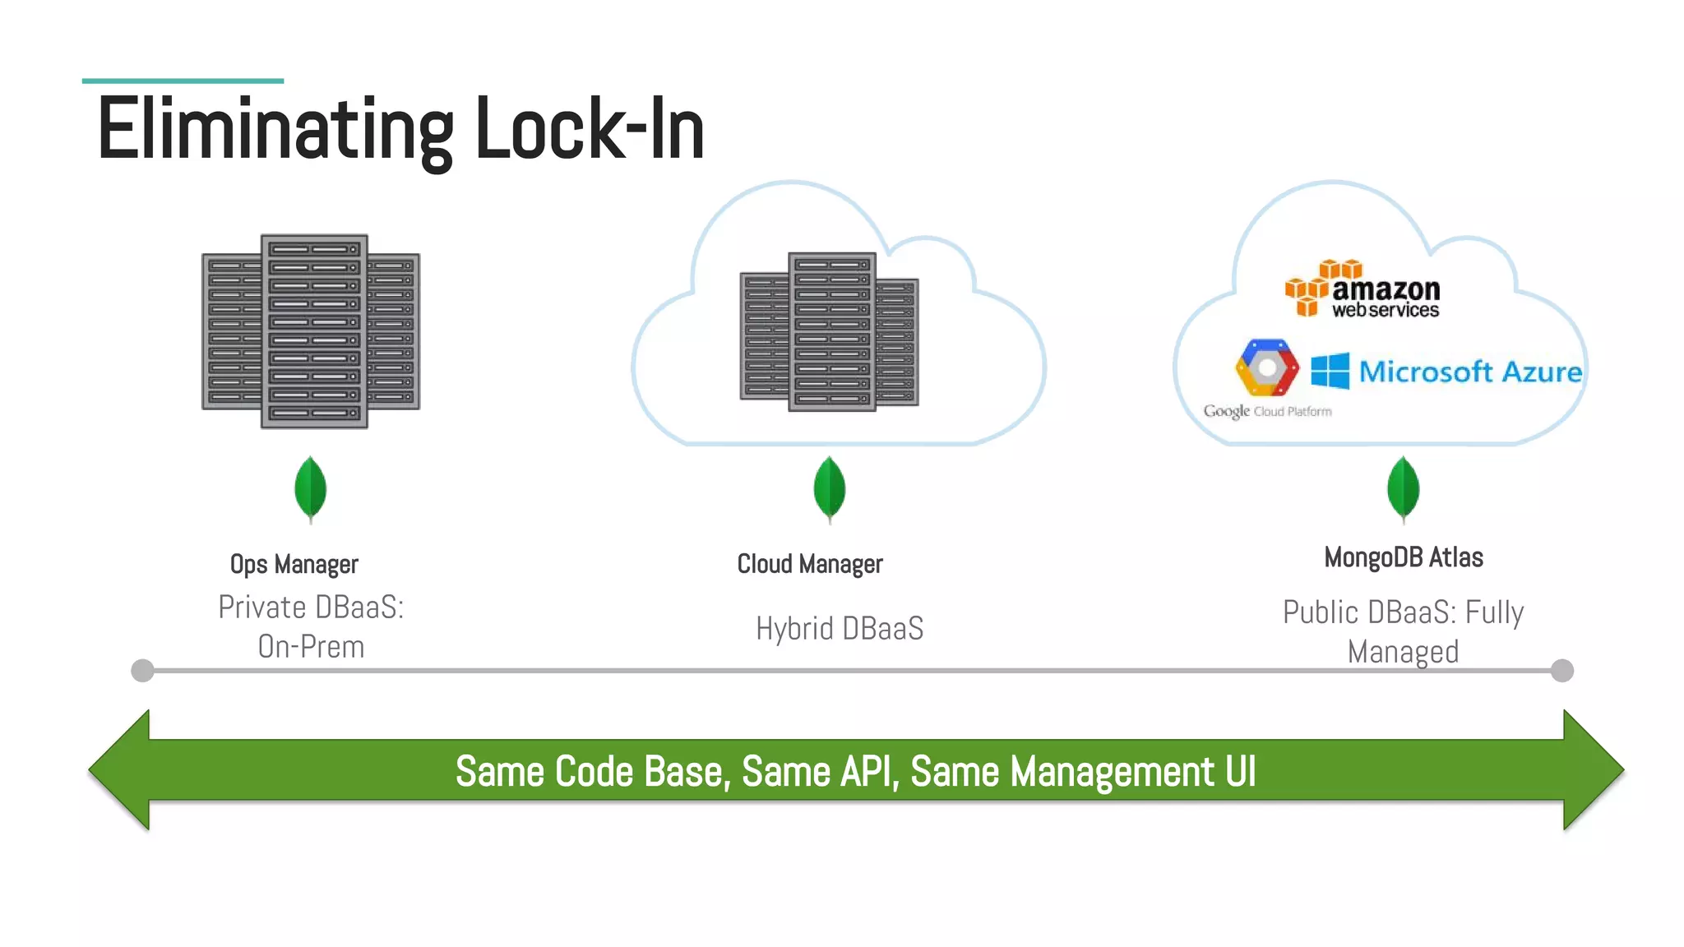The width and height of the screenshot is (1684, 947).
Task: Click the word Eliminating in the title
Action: (x=275, y=130)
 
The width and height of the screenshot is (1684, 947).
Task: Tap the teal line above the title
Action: (x=183, y=81)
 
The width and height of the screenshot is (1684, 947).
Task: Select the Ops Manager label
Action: (x=294, y=565)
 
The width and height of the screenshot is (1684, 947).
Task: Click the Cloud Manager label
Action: (x=809, y=564)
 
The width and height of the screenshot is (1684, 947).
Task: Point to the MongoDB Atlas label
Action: (x=1403, y=557)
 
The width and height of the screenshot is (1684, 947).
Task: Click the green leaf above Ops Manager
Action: (x=310, y=489)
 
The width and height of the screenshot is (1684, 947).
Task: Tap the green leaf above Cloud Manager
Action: (x=829, y=489)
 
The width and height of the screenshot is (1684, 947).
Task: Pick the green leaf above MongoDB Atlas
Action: (x=1403, y=489)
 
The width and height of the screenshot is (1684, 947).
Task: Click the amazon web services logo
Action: (x=1362, y=290)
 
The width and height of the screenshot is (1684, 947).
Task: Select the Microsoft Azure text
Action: (x=1470, y=372)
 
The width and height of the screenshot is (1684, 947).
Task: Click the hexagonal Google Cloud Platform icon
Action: (x=1267, y=367)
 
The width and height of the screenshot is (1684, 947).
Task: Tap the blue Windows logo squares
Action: (x=1330, y=371)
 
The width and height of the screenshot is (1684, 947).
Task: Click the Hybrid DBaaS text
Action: (x=839, y=629)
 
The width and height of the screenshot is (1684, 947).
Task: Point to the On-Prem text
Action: (x=311, y=647)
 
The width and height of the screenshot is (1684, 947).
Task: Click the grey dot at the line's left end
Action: (x=142, y=671)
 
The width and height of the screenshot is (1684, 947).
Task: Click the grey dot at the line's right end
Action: (x=1561, y=671)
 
